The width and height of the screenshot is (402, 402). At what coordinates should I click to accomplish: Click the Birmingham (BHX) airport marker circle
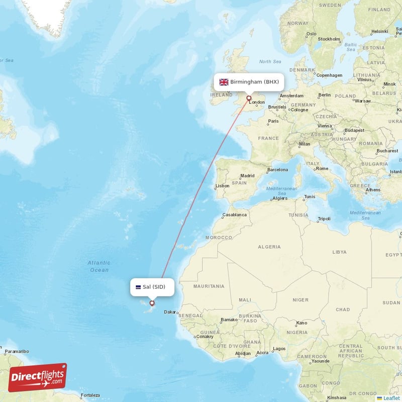click(248, 98)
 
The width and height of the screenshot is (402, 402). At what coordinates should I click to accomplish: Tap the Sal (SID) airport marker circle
click(152, 303)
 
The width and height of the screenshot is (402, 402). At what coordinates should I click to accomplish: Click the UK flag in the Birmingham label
click(224, 82)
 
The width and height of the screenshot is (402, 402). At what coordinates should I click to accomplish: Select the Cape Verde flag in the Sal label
click(137, 287)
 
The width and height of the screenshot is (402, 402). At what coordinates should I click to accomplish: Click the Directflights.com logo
click(37, 377)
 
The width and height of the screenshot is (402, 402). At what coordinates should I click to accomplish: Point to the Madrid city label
click(247, 176)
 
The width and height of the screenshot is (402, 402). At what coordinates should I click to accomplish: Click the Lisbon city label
click(222, 185)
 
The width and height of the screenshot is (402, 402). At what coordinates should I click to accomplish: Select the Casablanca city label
click(235, 215)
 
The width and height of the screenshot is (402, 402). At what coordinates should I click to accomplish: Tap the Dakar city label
click(171, 312)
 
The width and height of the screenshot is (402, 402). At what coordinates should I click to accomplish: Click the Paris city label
click(273, 121)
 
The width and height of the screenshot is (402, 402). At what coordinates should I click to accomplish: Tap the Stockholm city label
click(329, 39)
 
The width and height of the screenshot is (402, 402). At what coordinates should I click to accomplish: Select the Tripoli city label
click(324, 219)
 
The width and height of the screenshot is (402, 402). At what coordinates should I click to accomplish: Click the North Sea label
click(269, 61)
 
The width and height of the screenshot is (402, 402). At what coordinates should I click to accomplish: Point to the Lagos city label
click(279, 348)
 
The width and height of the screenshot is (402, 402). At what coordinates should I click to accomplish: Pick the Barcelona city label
click(277, 169)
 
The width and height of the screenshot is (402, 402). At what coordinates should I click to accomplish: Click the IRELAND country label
click(222, 94)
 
